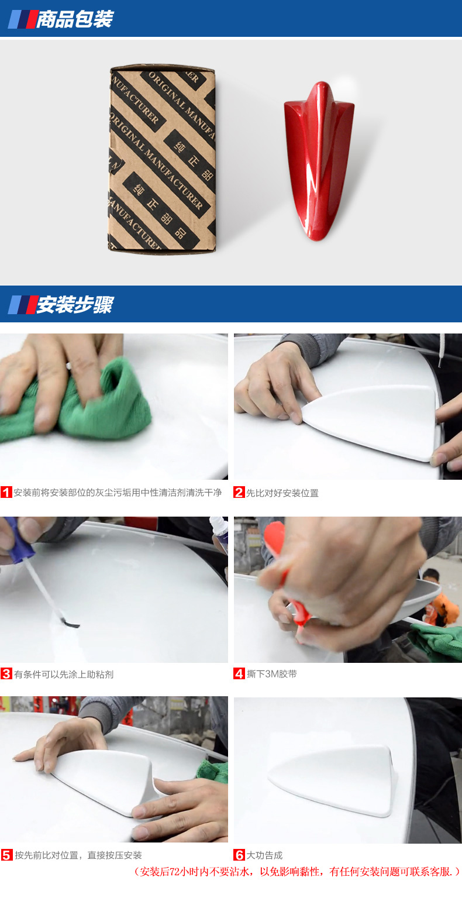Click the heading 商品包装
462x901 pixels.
coord(75,19)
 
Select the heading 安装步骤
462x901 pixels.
coord(75,304)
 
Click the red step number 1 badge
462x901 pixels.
coord(6,492)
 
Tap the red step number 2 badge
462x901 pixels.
coord(239,492)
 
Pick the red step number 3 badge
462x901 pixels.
coord(6,673)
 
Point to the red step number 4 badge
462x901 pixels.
coord(239,673)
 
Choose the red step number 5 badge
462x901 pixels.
coord(6,855)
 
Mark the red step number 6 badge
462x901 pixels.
coord(239,855)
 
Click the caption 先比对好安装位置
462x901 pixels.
coord(282,493)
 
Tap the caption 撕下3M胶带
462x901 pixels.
coord(272,674)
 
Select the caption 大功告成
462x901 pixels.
coord(264,855)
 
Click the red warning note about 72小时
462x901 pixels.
coord(297,872)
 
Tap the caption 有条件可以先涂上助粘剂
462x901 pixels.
coord(64,674)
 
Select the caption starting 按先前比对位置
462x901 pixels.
coord(78,855)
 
